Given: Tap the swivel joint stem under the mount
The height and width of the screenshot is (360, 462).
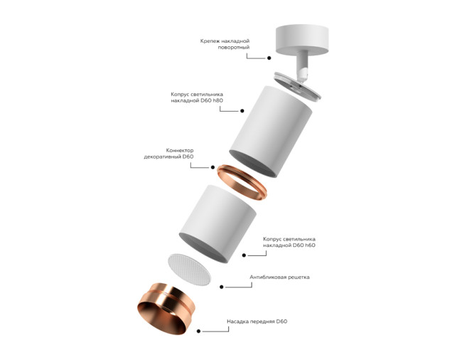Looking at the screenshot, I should tap(301, 65).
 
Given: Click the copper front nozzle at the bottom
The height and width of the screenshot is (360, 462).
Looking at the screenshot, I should tap(166, 307).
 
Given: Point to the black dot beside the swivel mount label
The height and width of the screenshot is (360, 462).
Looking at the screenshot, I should tap(269, 58).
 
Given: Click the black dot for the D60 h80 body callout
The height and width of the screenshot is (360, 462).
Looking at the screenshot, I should tap(242, 111).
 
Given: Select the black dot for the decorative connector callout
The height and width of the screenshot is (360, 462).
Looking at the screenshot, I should tap(212, 166).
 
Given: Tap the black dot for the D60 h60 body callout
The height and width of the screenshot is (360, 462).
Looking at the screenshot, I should tap(243, 254).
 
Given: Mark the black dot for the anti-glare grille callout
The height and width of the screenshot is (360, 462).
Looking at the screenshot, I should tap(222, 287).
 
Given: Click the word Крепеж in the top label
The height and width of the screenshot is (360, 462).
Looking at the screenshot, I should tap(212, 41).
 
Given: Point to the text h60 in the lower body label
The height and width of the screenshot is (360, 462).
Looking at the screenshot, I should tap(308, 245).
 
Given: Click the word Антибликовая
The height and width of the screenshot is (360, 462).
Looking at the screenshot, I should tap(271, 277).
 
